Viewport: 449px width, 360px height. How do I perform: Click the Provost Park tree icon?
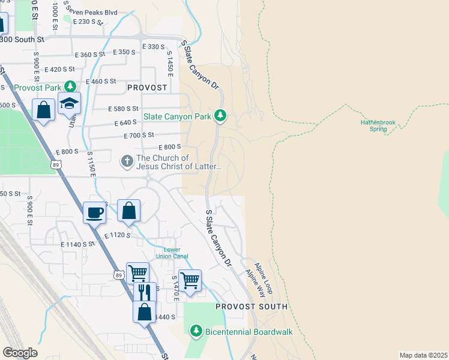click(70, 87)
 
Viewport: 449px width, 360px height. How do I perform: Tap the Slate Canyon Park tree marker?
click(220, 115)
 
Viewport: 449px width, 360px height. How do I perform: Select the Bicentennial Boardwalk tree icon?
click(196, 331)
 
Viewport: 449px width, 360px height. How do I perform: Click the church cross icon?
click(127, 161)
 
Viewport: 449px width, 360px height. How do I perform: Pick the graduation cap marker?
click(69, 104)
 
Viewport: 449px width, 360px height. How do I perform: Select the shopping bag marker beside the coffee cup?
click(128, 211)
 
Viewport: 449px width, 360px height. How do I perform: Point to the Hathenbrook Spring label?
click(378, 125)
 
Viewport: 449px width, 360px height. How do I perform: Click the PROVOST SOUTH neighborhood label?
click(252, 307)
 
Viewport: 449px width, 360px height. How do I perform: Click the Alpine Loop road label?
click(264, 278)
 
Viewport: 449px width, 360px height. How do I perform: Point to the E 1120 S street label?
click(117, 236)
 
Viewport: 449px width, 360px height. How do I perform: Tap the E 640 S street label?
click(127, 123)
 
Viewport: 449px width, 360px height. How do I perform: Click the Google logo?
click(20, 353)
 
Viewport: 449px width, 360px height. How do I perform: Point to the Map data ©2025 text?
click(423, 355)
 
